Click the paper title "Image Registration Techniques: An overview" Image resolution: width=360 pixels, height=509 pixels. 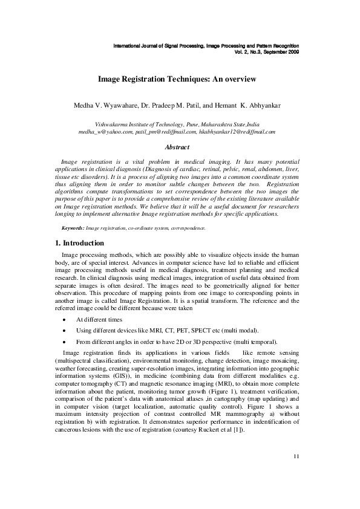click(177, 79)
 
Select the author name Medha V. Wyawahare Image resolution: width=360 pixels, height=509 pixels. click(106, 106)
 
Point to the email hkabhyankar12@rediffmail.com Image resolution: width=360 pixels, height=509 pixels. click(237, 131)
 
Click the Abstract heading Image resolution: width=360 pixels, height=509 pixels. click(177, 147)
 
